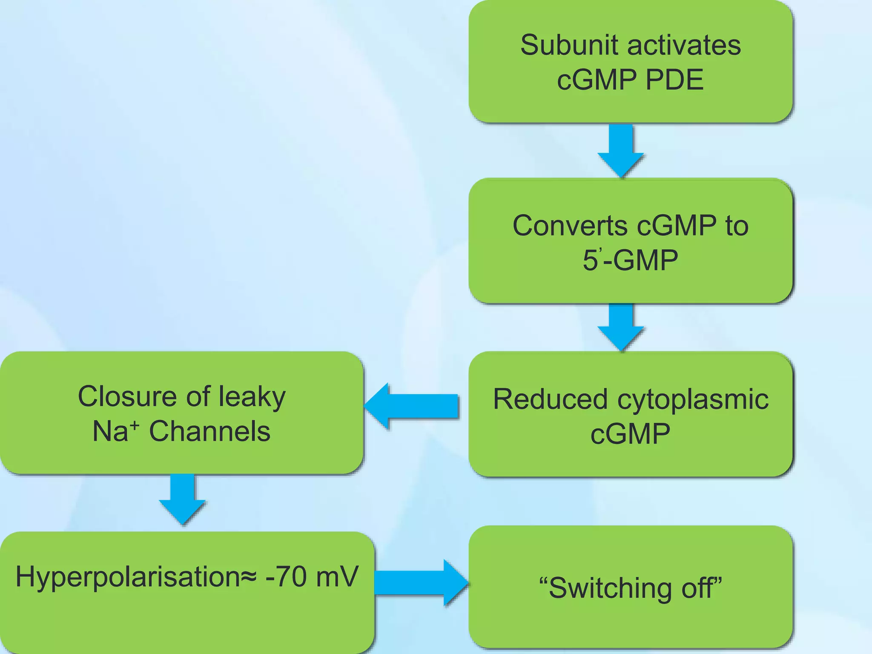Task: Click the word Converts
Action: pos(570,226)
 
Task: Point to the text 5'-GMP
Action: pos(630,260)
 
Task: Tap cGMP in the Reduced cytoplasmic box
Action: pos(630,434)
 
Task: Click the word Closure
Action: pos(127,396)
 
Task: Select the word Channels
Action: pos(209,431)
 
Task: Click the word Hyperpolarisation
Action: pos(128,577)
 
